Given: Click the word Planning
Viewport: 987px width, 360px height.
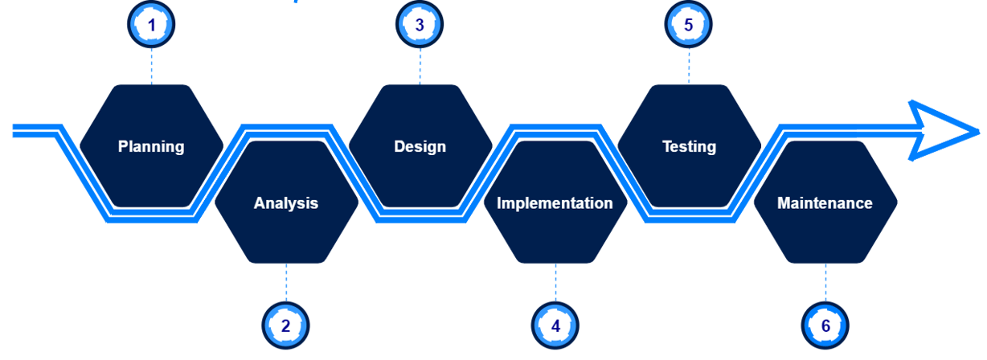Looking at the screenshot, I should pyautogui.click(x=151, y=147).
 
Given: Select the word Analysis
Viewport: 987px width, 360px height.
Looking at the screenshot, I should pyautogui.click(x=286, y=203).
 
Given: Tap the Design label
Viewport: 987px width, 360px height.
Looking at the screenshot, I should pyautogui.click(x=420, y=147).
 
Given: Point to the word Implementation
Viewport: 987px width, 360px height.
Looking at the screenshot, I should pyautogui.click(x=555, y=203).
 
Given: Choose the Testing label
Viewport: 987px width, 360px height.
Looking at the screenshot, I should pyautogui.click(x=689, y=147).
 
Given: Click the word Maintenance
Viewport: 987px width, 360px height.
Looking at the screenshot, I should pyautogui.click(x=825, y=203).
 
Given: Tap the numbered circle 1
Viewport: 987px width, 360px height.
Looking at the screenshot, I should pyautogui.click(x=151, y=25).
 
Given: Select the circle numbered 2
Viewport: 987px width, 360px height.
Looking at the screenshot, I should pyautogui.click(x=286, y=326).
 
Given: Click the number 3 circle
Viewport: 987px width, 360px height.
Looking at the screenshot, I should pyautogui.click(x=420, y=25).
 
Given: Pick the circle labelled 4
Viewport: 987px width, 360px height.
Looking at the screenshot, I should pyautogui.click(x=555, y=326).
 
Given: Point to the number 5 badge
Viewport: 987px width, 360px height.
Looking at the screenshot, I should pyautogui.click(x=689, y=25).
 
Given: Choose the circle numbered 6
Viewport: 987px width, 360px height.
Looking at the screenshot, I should pyautogui.click(x=825, y=326).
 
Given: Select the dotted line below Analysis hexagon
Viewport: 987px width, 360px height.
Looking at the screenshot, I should pyautogui.click(x=286, y=283).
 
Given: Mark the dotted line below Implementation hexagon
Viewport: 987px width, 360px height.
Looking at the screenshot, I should pyautogui.click(x=555, y=283).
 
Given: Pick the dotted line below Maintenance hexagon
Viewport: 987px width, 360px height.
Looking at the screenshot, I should pyautogui.click(x=825, y=283).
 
